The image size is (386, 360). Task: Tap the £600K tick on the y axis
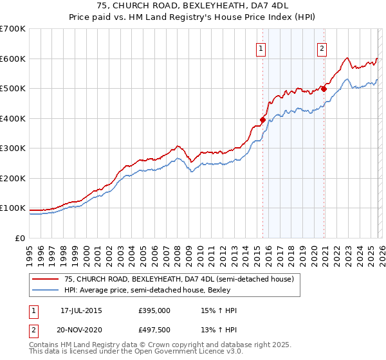[13, 59]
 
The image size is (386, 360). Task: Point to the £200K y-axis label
[13, 178]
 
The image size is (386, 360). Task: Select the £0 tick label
[19, 238]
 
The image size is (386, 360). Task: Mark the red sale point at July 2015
[262, 120]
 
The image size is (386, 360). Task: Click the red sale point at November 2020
[324, 89]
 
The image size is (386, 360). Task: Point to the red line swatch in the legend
[46, 280]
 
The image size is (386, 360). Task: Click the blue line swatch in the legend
[46, 291]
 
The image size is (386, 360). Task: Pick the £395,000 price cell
[154, 310]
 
